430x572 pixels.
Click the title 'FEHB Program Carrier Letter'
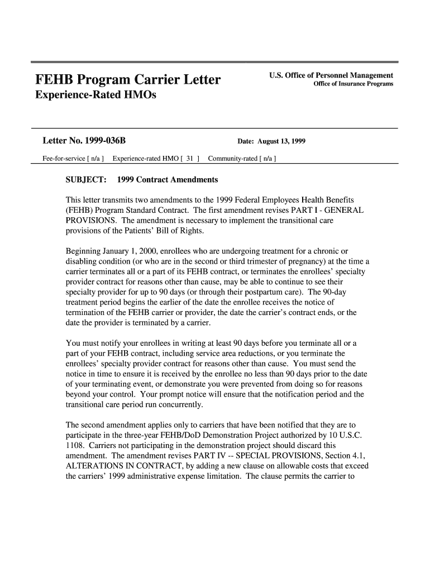[x=128, y=80]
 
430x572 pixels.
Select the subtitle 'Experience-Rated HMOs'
[x=96, y=96]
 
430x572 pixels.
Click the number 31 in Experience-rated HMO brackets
[x=190, y=159]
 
